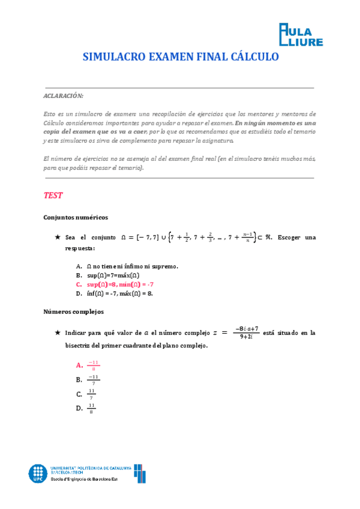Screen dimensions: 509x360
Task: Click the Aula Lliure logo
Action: pos(301,34)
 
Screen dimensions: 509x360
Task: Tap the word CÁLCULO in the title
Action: pos(254,58)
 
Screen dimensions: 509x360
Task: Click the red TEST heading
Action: pos(53,196)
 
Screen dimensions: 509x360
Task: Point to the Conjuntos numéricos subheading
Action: pos(76,217)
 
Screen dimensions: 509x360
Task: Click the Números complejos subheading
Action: pos(74,312)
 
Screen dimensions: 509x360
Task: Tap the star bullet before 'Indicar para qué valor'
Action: pos(58,332)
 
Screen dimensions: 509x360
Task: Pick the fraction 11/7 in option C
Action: pos(92,394)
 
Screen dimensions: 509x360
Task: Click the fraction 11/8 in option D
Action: pos(92,408)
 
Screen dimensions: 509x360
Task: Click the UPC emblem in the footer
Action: pos(38,473)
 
